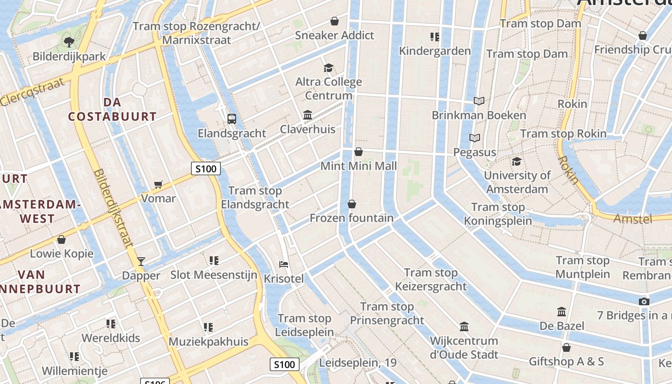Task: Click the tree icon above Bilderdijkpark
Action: (x=69, y=42)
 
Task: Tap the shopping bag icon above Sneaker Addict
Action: (x=335, y=21)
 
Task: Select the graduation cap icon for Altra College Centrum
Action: (x=328, y=68)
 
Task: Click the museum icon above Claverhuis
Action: (x=308, y=115)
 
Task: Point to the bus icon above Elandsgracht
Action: (x=232, y=119)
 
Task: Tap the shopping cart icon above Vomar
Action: (x=158, y=184)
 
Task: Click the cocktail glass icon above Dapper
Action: (x=141, y=261)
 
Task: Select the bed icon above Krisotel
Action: (x=284, y=264)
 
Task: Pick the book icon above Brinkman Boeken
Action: (x=479, y=101)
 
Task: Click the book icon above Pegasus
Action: (x=475, y=138)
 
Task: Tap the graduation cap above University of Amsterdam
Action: (x=516, y=161)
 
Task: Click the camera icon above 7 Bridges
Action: (x=644, y=301)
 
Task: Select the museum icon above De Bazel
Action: (x=562, y=312)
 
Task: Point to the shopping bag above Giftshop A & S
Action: (x=566, y=348)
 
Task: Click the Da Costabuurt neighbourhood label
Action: (x=112, y=109)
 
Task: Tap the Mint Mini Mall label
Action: (x=359, y=166)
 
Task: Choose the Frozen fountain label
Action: (x=351, y=218)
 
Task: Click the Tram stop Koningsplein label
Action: (x=498, y=214)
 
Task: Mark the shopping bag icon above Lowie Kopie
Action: (x=61, y=240)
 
